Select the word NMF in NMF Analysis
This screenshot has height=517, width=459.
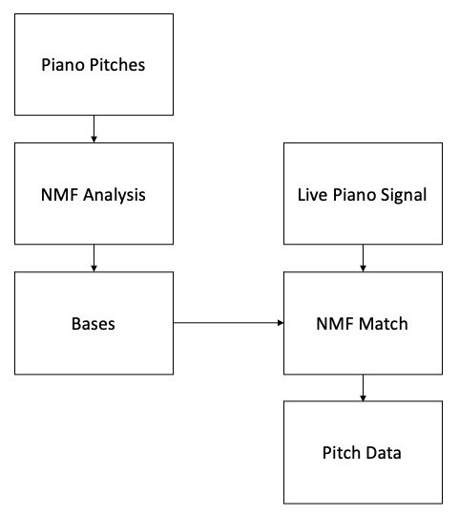coord(59,195)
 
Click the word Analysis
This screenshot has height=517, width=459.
coord(115,195)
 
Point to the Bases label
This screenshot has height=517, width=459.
coord(94,324)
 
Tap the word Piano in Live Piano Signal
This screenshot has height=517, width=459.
coord(354,195)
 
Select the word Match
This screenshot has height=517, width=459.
coord(384,324)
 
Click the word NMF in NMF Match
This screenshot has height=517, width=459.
coord(335,324)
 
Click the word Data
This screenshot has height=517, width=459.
coord(384,453)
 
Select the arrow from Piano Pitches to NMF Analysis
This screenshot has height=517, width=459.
coord(94,129)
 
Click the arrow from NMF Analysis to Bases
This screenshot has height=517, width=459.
coord(94,258)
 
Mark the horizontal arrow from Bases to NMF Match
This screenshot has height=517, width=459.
coord(228,322)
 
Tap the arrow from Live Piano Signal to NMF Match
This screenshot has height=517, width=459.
coord(363,258)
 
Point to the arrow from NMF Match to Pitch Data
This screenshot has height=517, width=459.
coord(363,388)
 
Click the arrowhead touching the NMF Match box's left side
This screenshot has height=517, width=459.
coord(281,322)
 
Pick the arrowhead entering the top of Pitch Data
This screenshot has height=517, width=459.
coord(363,399)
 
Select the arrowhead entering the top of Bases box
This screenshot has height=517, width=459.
coord(94,269)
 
